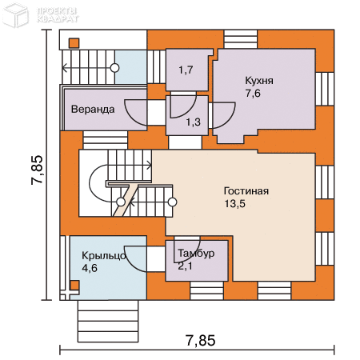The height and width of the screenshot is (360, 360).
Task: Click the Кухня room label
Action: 259,81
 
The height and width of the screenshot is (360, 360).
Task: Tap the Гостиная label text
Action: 246,191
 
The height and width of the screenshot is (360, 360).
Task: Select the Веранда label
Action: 93,110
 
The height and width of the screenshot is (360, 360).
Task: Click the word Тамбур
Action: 196,254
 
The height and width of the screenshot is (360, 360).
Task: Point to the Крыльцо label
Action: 104,256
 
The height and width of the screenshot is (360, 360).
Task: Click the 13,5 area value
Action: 234,204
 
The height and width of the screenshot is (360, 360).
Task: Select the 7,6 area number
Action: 253,94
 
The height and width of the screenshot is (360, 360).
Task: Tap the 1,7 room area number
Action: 186,70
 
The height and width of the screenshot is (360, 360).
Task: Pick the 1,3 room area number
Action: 194,122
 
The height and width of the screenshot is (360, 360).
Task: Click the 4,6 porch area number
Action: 90,268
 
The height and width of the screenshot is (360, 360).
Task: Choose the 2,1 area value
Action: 185,266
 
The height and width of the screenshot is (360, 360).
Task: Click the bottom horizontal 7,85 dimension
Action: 201,341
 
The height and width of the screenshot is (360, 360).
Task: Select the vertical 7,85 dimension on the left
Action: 37,170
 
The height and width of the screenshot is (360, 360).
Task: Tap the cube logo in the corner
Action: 16,15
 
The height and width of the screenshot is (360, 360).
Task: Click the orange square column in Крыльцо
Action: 74,285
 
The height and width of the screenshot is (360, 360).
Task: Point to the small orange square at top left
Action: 74,43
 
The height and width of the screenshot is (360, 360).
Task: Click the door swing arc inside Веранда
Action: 131,115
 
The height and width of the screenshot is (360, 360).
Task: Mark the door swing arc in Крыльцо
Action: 132,262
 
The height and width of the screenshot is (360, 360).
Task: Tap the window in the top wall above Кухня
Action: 241,39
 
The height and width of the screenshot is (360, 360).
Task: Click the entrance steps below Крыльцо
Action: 108,321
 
